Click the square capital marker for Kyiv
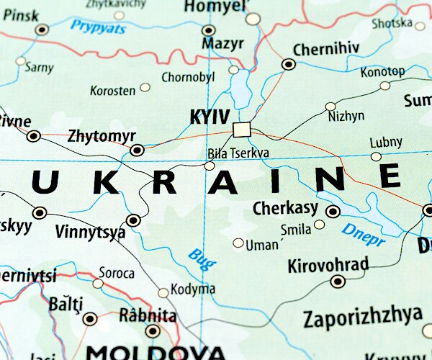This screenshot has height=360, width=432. [x=242, y=130]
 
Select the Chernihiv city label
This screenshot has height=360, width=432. [x=326, y=50]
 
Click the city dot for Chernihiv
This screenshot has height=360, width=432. [x=289, y=64]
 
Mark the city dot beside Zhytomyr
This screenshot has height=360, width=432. [x=137, y=150]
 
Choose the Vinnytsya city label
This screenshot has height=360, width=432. [x=90, y=233]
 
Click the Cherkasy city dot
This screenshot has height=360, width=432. [x=333, y=212]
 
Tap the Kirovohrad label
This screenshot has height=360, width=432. [x=328, y=265]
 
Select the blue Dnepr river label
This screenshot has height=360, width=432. [x=363, y=234]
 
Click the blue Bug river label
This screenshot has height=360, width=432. [x=201, y=258]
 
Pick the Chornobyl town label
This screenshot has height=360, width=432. [x=189, y=77]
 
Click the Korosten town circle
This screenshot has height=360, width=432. [x=145, y=87]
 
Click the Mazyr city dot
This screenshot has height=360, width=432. [x=209, y=30]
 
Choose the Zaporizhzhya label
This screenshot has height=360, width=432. [x=362, y=317]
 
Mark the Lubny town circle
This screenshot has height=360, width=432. [x=376, y=156]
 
